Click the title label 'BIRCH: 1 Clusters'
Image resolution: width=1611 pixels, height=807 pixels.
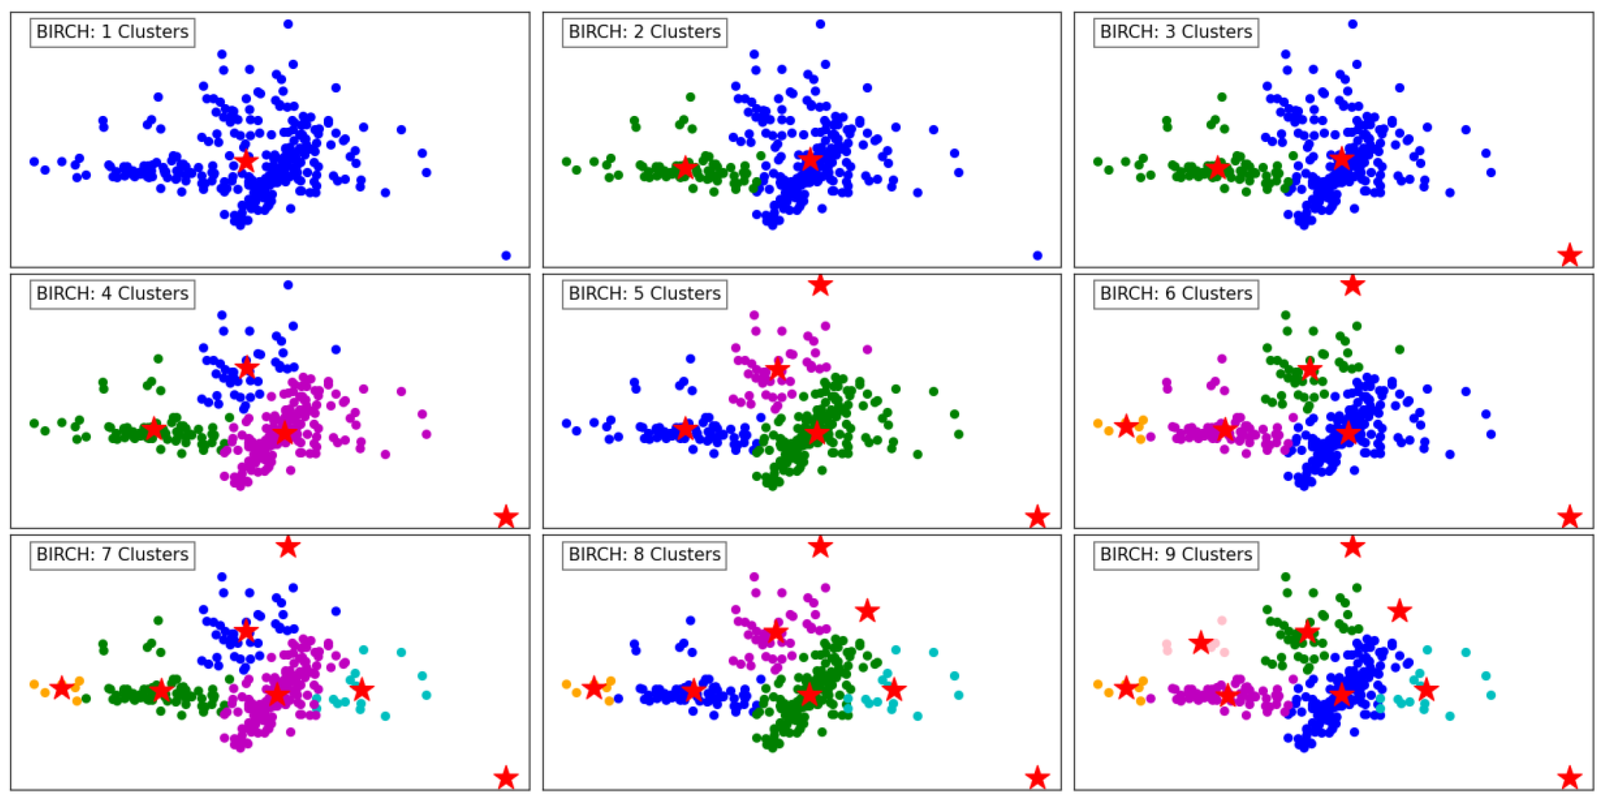point(112,32)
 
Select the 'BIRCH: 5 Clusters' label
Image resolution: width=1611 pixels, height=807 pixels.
point(644,293)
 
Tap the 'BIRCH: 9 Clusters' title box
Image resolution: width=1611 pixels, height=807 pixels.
point(1176,554)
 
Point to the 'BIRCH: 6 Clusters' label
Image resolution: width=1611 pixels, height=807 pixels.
point(1176,293)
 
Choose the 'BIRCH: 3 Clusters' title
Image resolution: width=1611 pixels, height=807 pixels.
point(1176,32)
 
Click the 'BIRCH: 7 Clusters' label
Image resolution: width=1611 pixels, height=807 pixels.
point(112,554)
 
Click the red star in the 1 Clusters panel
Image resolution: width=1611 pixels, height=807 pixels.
point(246,161)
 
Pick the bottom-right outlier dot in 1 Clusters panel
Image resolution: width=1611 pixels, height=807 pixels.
point(506,255)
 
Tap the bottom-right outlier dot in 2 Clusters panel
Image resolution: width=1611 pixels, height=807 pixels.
point(1037,255)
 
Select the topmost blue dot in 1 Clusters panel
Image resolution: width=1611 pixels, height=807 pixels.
point(288,24)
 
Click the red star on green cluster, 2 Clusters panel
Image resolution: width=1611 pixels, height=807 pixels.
point(686,168)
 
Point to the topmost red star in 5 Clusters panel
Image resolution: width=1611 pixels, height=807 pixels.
point(820,285)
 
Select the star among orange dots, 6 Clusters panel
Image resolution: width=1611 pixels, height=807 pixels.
point(1125,427)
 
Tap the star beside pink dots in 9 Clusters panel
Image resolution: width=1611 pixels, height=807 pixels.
point(1201,642)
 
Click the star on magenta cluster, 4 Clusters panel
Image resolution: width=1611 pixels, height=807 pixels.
point(285,432)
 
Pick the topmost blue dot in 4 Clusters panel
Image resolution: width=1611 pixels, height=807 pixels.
point(288,285)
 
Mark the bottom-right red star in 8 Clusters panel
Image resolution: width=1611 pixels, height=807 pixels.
point(1037,778)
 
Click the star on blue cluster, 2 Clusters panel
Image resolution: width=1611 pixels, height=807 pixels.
point(810,159)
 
